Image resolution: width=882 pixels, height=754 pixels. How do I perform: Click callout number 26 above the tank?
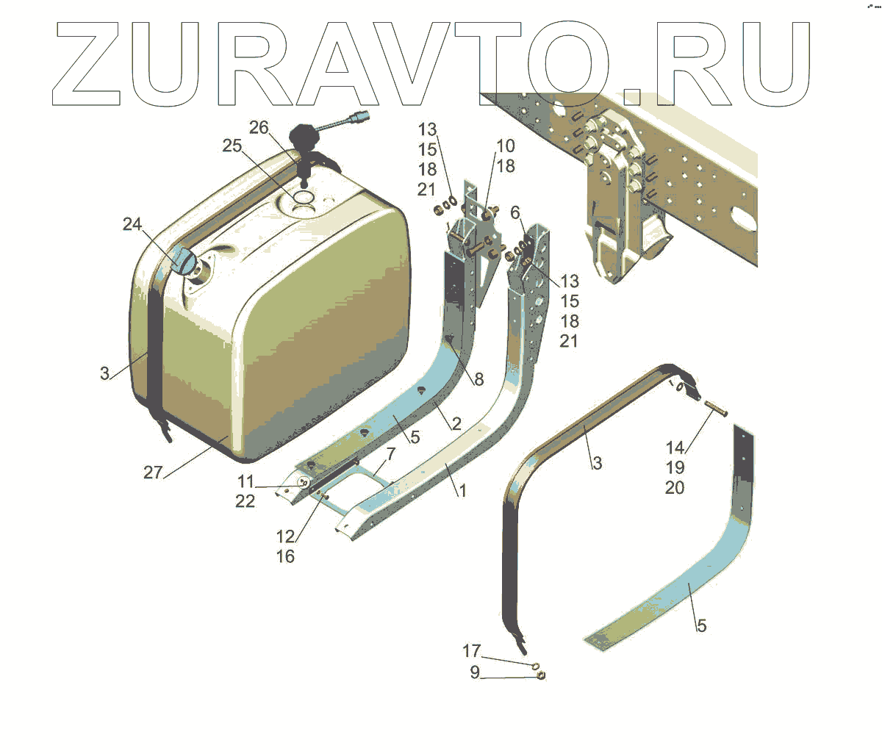(x=259, y=128)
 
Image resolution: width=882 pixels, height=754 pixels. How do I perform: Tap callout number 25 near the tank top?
(x=232, y=146)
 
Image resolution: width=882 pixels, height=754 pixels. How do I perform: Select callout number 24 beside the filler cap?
(x=132, y=224)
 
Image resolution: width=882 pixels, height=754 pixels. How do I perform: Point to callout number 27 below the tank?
(x=153, y=472)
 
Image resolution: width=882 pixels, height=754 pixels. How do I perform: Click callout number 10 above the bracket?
(x=506, y=146)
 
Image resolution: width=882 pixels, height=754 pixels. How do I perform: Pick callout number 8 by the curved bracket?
(x=478, y=379)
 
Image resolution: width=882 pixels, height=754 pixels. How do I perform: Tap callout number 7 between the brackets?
(x=391, y=453)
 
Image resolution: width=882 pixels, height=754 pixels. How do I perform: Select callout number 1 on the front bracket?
(x=462, y=490)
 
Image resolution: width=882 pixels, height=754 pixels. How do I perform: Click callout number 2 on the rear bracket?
(x=456, y=423)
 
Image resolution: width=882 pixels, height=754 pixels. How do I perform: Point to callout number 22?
(x=245, y=500)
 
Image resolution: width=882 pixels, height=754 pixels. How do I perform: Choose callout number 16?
(x=285, y=556)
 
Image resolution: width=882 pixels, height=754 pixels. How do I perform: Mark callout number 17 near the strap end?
(x=471, y=651)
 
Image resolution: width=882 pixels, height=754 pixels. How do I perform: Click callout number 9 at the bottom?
(x=475, y=672)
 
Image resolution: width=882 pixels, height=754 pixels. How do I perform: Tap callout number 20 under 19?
(x=675, y=487)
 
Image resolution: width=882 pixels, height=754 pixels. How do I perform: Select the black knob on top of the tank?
(x=301, y=137)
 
